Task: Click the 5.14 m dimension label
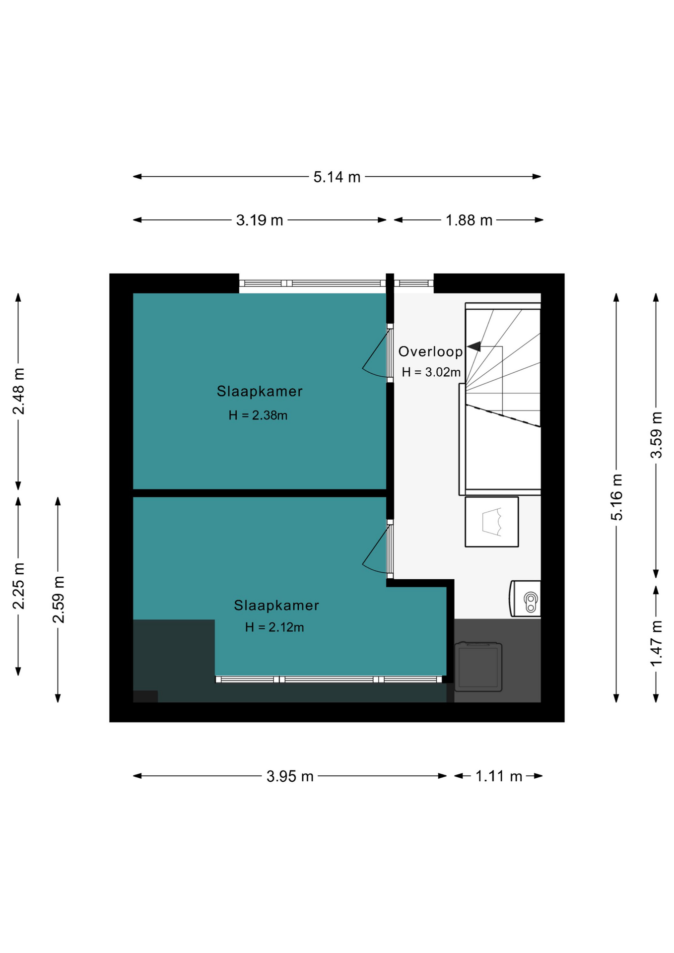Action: pyautogui.click(x=337, y=177)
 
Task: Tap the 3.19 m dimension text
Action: pyautogui.click(x=259, y=220)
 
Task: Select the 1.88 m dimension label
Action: pyautogui.click(x=469, y=220)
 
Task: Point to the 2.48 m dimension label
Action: pyautogui.click(x=18, y=391)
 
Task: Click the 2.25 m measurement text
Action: pyautogui.click(x=18, y=586)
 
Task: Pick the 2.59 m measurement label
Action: pyautogui.click(x=58, y=600)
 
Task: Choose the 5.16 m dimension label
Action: pyautogui.click(x=616, y=497)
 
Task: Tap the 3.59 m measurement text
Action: pyautogui.click(x=656, y=435)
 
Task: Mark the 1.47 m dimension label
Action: pyautogui.click(x=656, y=644)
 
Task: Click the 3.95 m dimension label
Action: pyautogui.click(x=290, y=776)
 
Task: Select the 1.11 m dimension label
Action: pyautogui.click(x=498, y=776)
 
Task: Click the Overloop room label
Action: pyautogui.click(x=430, y=351)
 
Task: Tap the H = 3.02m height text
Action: pyautogui.click(x=431, y=372)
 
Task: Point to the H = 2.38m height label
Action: pyautogui.click(x=258, y=415)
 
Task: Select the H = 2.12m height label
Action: pyautogui.click(x=274, y=627)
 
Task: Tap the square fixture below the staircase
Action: pyautogui.click(x=491, y=522)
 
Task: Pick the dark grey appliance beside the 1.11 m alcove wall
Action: pyautogui.click(x=478, y=667)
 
